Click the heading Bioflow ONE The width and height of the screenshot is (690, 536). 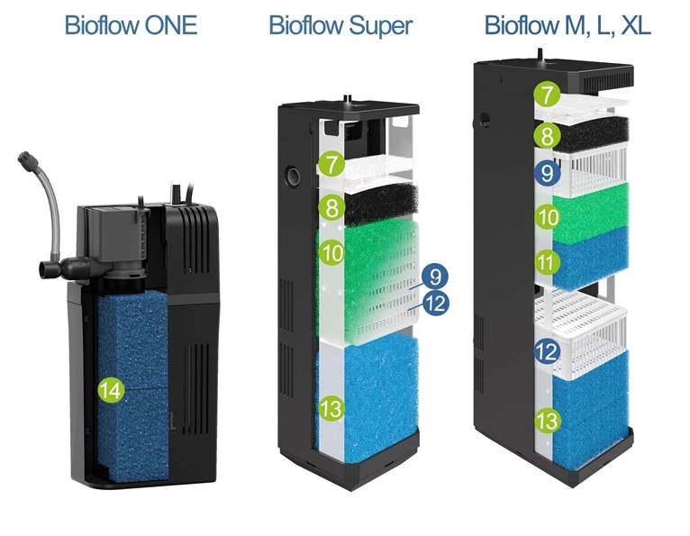(x=131, y=25)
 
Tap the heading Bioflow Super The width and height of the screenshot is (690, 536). (x=340, y=25)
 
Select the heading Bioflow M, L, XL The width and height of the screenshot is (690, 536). (x=567, y=25)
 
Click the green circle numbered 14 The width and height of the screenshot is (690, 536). (x=112, y=390)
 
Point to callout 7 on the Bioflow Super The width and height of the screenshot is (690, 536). (x=332, y=163)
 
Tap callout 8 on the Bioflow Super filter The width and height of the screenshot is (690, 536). (x=332, y=207)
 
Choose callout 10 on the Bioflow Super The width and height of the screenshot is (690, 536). (x=332, y=252)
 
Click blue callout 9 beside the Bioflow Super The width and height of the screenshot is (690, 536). (x=435, y=277)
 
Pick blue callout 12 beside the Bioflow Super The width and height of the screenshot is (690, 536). (x=436, y=304)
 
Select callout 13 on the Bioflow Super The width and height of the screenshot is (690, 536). (x=332, y=408)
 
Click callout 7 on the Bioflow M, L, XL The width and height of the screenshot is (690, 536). (x=547, y=95)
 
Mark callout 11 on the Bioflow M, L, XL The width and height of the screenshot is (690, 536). (x=547, y=263)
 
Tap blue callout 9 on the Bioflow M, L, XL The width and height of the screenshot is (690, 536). (x=547, y=173)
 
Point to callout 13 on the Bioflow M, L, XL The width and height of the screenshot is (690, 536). (x=547, y=421)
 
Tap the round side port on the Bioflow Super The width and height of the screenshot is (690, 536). (x=292, y=176)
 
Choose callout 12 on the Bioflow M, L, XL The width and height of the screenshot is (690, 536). (x=547, y=352)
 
